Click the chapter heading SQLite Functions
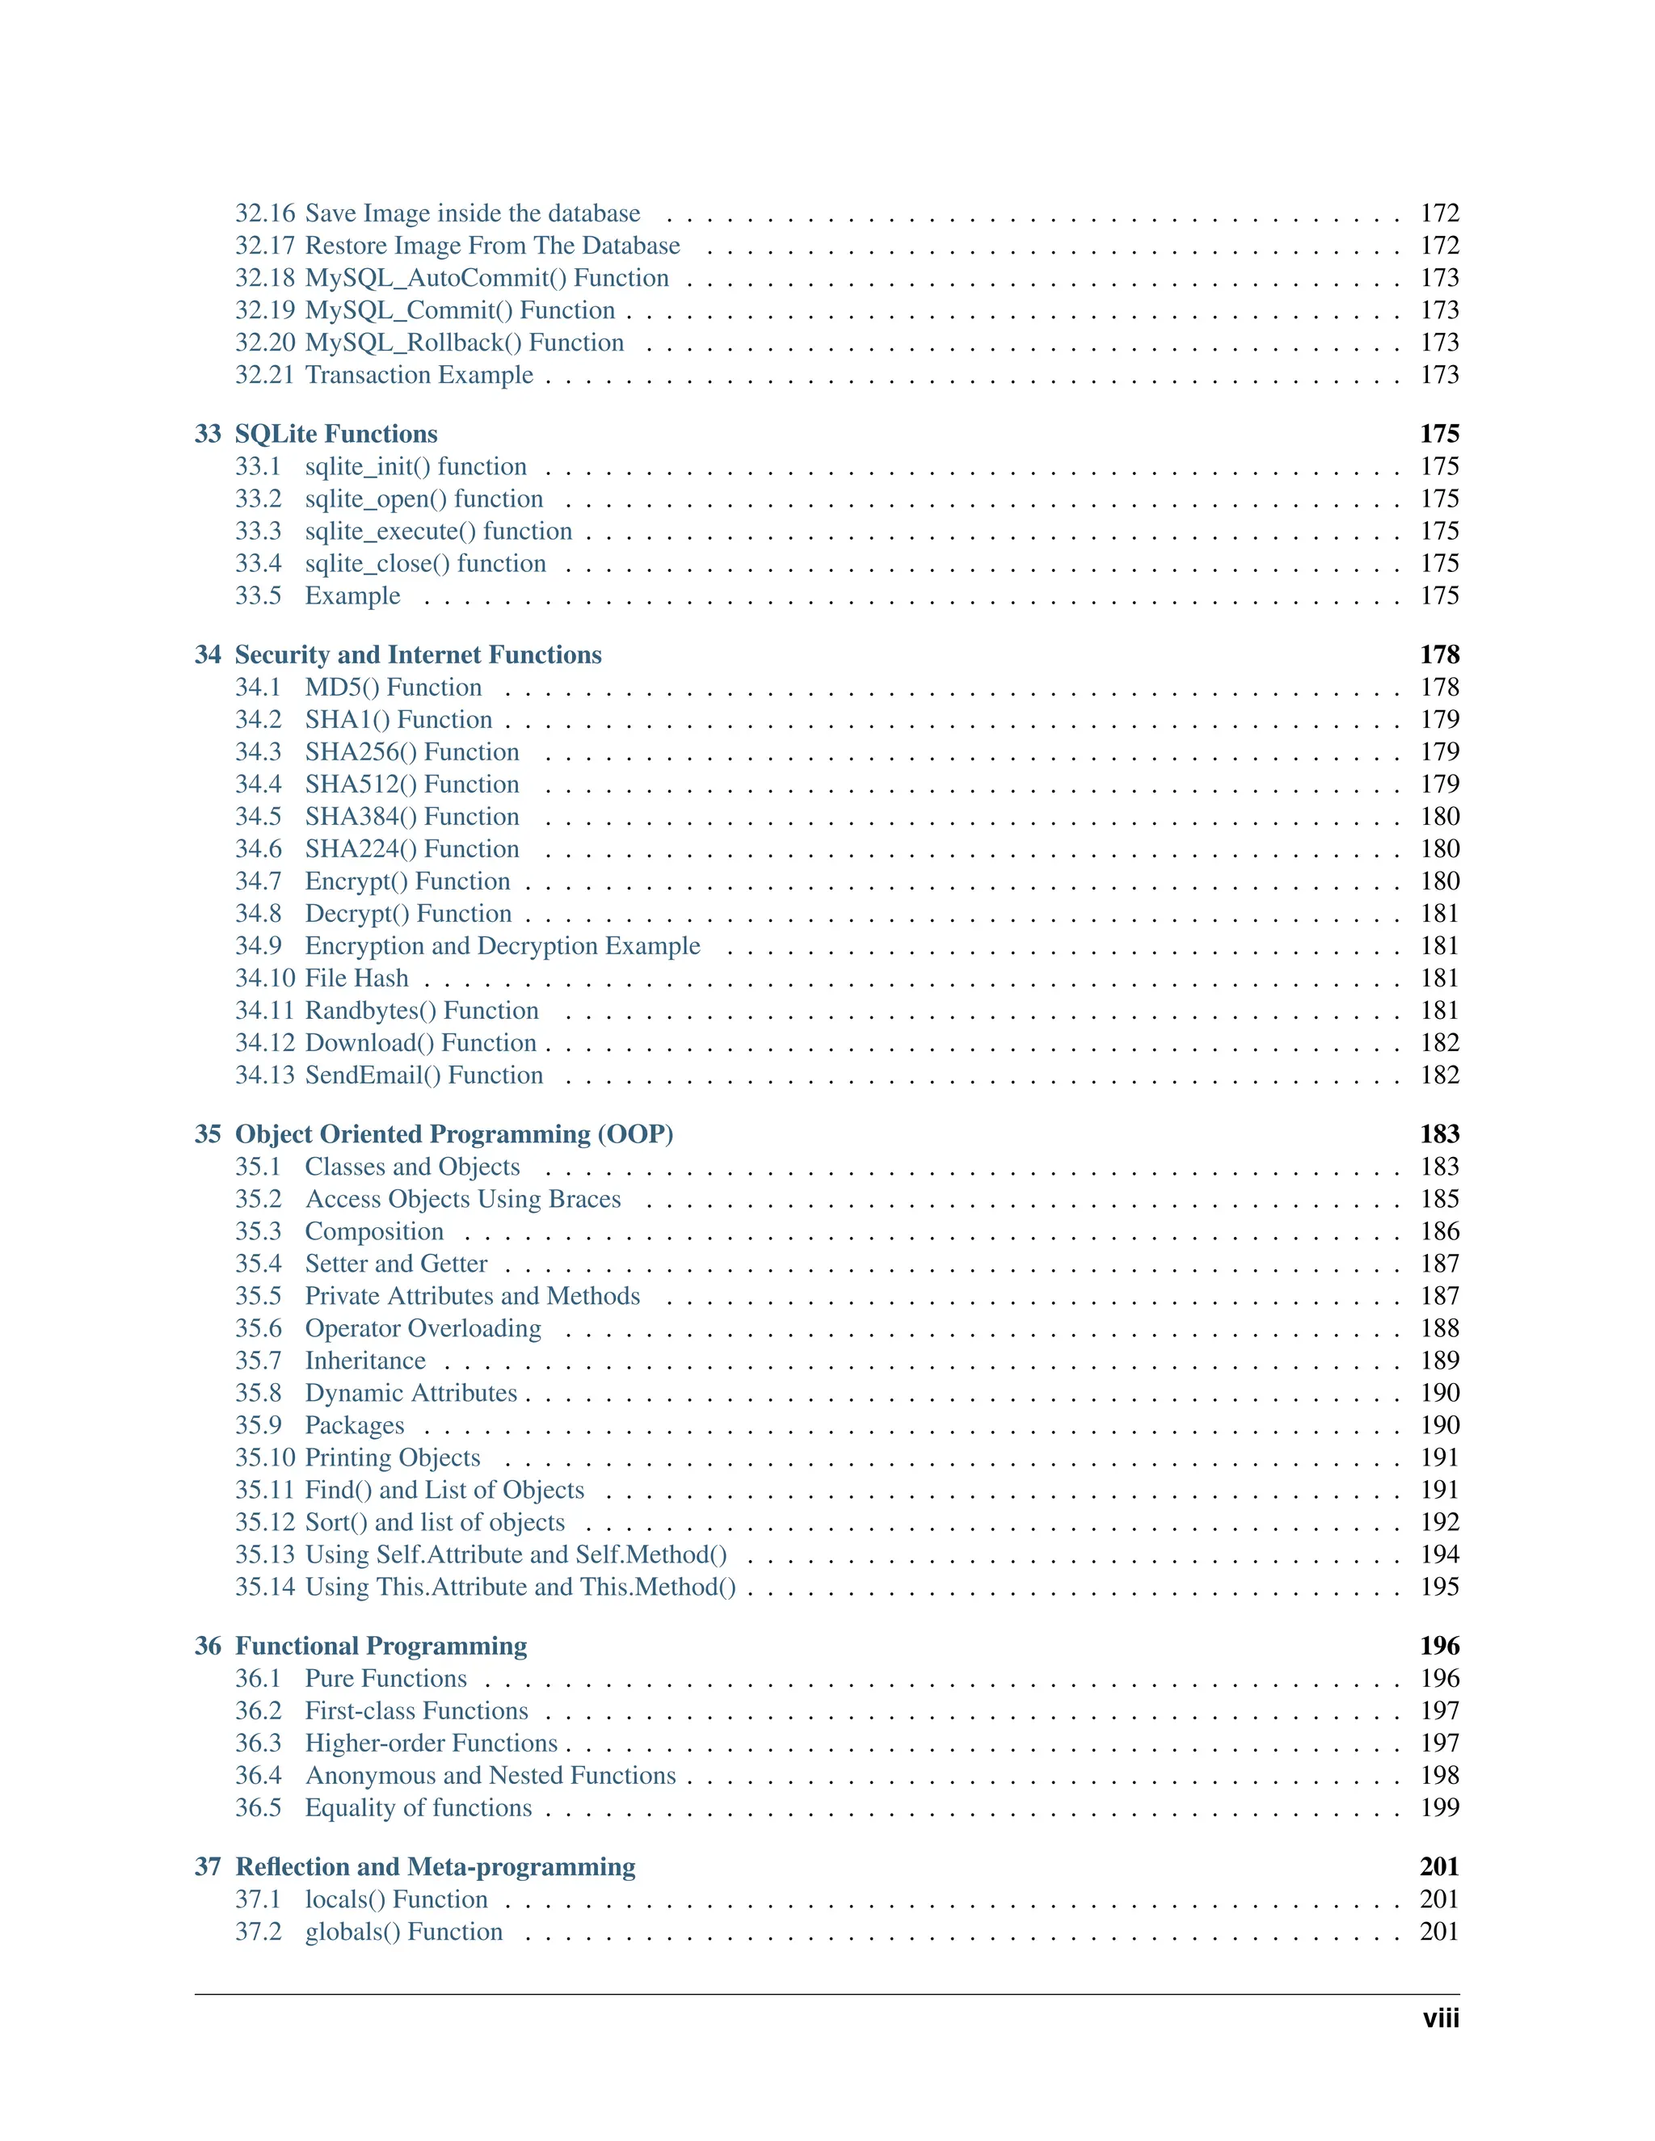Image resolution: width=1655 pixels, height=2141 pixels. click(x=335, y=435)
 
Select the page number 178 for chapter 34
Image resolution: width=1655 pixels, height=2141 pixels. click(x=1438, y=655)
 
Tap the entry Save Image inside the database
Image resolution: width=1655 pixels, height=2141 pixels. click(x=472, y=214)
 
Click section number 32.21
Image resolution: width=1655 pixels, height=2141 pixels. click(x=263, y=376)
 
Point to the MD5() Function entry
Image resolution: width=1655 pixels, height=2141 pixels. click(x=394, y=688)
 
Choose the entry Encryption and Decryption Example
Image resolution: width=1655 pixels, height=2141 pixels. click(x=502, y=946)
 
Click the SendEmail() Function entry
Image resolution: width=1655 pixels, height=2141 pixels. click(x=423, y=1075)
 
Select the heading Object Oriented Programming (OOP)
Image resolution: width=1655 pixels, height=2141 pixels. click(x=454, y=1134)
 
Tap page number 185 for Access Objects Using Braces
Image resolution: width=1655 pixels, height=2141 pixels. click(x=1439, y=1199)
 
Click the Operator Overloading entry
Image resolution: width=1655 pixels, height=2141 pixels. click(x=423, y=1328)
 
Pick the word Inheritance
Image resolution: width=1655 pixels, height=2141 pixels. click(x=364, y=1361)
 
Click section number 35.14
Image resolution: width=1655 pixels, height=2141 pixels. click(x=263, y=1587)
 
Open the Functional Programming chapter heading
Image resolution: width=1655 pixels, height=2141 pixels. click(x=381, y=1646)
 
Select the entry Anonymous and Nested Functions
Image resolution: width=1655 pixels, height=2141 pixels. click(x=491, y=1775)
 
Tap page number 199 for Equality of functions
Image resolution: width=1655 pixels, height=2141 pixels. click(x=1439, y=1807)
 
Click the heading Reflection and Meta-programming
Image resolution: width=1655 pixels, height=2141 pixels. click(x=436, y=1866)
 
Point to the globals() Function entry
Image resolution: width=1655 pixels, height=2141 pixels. click(x=403, y=1931)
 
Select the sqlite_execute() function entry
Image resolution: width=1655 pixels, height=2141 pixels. click(x=438, y=532)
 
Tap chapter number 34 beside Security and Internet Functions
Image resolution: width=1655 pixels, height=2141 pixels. click(x=208, y=655)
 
